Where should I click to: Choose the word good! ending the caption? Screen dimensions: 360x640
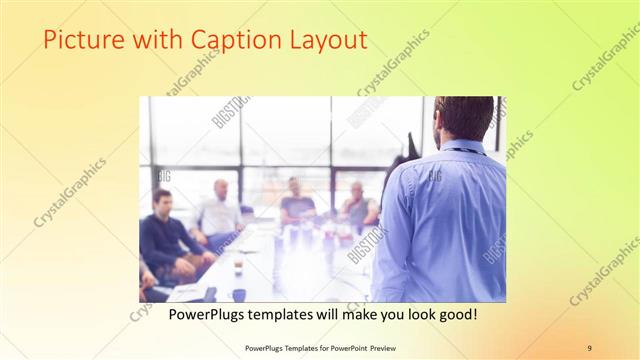[x=454, y=314]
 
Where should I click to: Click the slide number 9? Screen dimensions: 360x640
[x=589, y=347]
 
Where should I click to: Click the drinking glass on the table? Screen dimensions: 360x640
[x=238, y=267]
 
